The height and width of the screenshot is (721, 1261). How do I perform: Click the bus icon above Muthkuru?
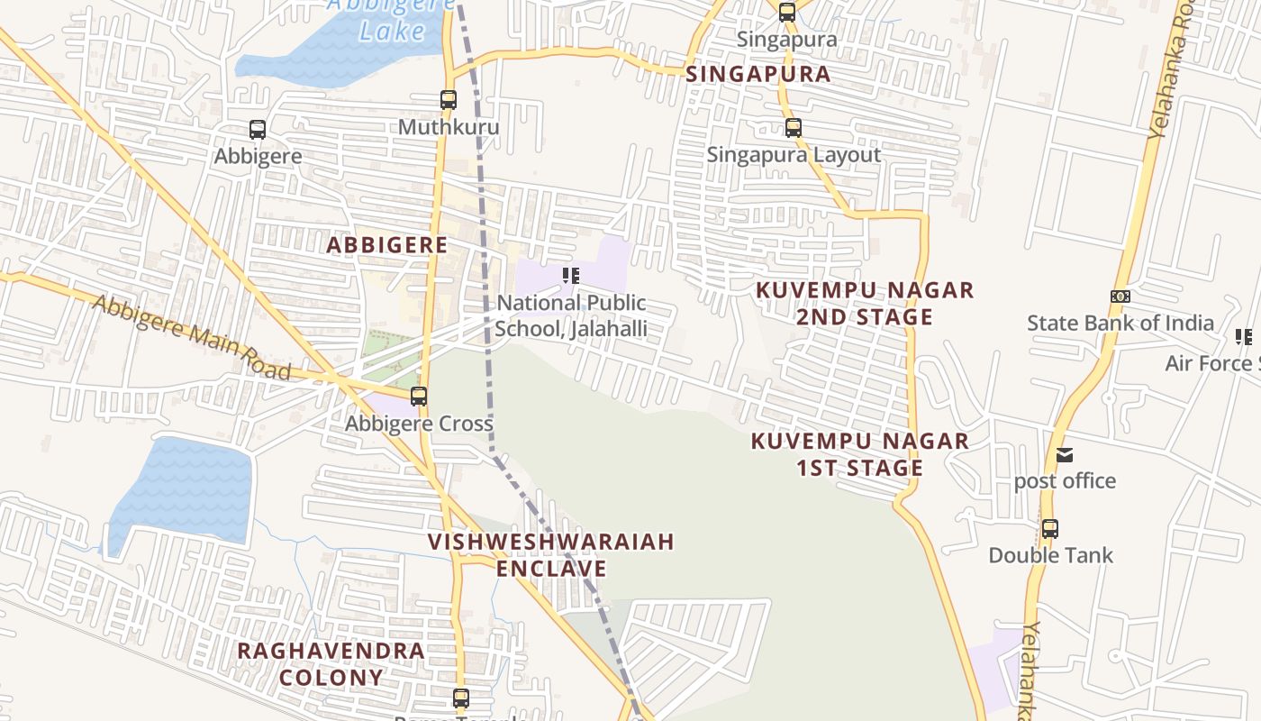[449, 100]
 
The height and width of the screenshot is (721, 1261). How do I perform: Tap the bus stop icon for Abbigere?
[258, 130]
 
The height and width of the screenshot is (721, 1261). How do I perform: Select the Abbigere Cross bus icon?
[419, 397]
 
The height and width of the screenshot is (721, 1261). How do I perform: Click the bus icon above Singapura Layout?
[794, 128]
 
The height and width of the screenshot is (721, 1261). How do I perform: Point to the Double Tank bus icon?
[1050, 529]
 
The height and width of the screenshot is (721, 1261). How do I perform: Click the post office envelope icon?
[1065, 455]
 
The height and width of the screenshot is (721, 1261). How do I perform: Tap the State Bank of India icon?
[1120, 297]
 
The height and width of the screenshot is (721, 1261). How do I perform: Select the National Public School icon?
[571, 276]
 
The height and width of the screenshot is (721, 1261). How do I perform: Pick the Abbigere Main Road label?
[192, 336]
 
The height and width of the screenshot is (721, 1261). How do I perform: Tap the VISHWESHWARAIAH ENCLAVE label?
[550, 555]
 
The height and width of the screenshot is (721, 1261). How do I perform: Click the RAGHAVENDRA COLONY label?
[330, 663]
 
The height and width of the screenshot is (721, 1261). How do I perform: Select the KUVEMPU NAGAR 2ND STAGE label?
[864, 304]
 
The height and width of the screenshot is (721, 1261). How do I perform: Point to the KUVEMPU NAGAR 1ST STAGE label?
[859, 454]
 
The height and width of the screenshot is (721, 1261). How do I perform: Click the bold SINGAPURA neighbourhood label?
[758, 74]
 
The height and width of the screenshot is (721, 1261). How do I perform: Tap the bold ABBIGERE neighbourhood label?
[386, 245]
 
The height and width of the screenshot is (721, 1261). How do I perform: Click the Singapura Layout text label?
[794, 155]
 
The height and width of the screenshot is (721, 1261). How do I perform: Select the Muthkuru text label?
[449, 127]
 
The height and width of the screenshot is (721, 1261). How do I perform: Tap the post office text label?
[1065, 481]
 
